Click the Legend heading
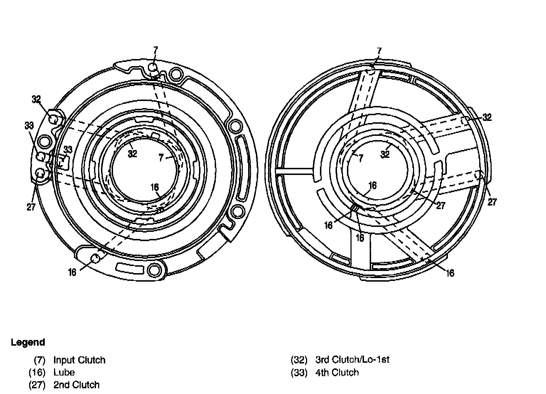[x=28, y=342]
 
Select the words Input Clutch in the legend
[x=80, y=360]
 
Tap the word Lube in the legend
[x=64, y=372]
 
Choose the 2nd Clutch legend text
[x=76, y=385]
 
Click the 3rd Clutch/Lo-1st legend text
[x=352, y=360]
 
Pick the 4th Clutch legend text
[x=337, y=373]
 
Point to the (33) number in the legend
[x=299, y=373]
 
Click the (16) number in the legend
[x=37, y=373]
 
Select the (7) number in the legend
[x=39, y=360]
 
